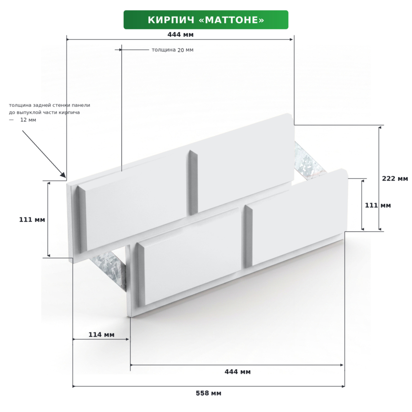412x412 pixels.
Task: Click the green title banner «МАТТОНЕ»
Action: point(206,20)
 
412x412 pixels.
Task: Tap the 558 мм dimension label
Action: point(208,393)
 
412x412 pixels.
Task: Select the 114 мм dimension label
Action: point(102,334)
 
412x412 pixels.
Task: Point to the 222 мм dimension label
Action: point(395,178)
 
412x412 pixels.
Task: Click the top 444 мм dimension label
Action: point(181,34)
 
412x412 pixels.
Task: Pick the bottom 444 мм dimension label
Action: point(238,372)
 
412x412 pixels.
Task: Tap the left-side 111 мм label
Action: point(32,219)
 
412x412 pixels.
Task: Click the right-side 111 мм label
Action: point(378,205)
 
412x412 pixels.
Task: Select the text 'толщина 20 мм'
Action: point(172,50)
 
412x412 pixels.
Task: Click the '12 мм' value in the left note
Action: point(28,120)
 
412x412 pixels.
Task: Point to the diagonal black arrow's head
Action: point(63,174)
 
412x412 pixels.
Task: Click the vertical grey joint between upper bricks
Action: point(193,183)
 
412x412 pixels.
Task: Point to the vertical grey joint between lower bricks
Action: point(248,236)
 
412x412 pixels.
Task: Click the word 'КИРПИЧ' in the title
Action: point(171,20)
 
